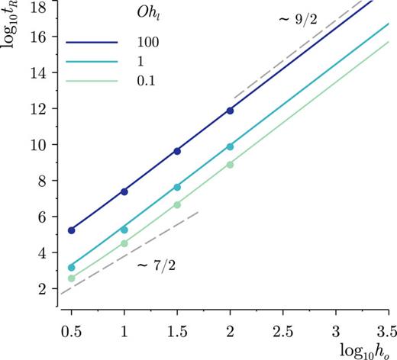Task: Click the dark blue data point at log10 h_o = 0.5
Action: pyautogui.click(x=72, y=230)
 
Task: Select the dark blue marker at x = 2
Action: pyautogui.click(x=230, y=111)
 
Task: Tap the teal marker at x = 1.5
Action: pyautogui.click(x=177, y=187)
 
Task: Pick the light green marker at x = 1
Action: pyautogui.click(x=124, y=243)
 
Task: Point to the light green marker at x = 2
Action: pyautogui.click(x=230, y=165)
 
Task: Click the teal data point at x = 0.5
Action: pyautogui.click(x=72, y=268)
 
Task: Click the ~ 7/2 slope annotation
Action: pyautogui.click(x=156, y=266)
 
